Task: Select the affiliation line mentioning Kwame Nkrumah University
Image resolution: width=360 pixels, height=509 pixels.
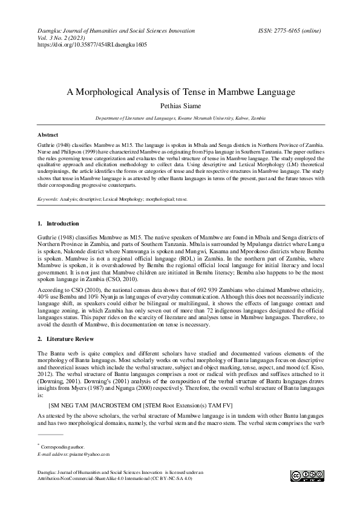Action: pyautogui.click(x=180, y=119)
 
